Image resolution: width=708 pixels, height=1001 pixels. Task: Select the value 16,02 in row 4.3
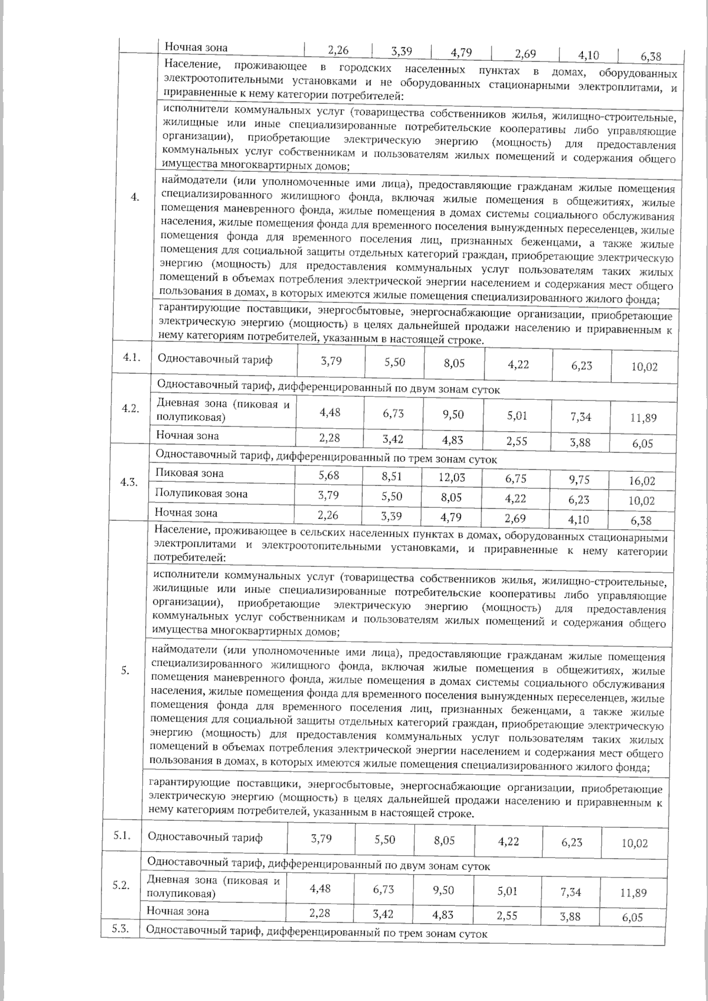tap(642, 481)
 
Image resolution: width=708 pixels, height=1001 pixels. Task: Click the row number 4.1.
tap(130, 358)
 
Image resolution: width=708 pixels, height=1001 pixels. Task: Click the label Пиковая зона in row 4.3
tap(189, 473)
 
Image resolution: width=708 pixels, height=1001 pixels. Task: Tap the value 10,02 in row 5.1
tap(634, 843)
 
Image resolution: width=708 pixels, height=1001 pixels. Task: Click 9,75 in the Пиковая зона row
tap(579, 480)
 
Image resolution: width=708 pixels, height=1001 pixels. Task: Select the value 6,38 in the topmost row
tap(650, 57)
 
